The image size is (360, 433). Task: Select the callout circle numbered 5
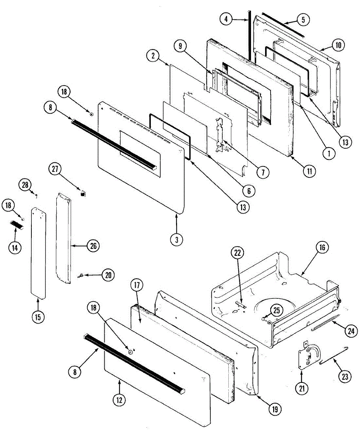303,20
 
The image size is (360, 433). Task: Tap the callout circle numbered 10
338,45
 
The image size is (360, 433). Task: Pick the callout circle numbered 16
322,248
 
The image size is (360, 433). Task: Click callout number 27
56,169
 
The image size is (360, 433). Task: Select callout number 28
25,185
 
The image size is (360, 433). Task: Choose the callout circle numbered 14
16,248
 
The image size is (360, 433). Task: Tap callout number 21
302,388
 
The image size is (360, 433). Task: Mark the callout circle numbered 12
120,400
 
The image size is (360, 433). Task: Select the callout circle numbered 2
153,56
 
